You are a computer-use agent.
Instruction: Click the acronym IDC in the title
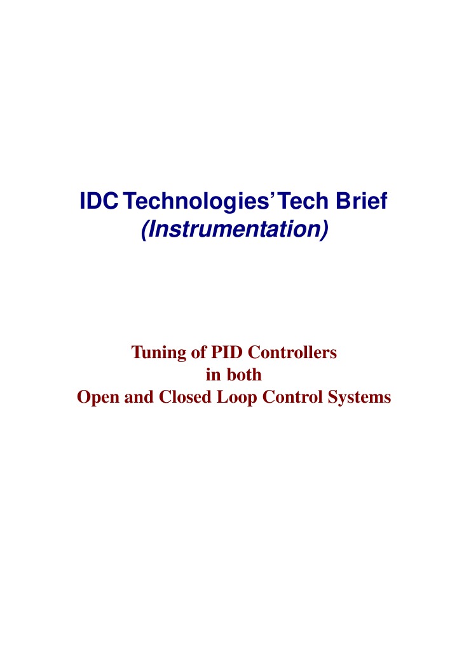tap(99, 201)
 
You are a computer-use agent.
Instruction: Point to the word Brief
tap(362, 200)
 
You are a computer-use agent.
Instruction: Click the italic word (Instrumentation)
tap(235, 229)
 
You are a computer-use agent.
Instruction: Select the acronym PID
tap(227, 352)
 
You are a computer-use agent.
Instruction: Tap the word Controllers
tap(292, 352)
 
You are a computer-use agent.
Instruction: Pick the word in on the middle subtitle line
tap(214, 375)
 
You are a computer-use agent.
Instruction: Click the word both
tap(244, 374)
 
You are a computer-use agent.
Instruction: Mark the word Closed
tap(185, 397)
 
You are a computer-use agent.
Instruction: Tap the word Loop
tap(237, 398)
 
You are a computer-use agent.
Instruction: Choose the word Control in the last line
tap(292, 397)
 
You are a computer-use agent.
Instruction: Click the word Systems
tap(359, 398)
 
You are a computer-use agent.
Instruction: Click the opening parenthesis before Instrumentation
tap(144, 230)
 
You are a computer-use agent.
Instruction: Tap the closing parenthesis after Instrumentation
tap(324, 230)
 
